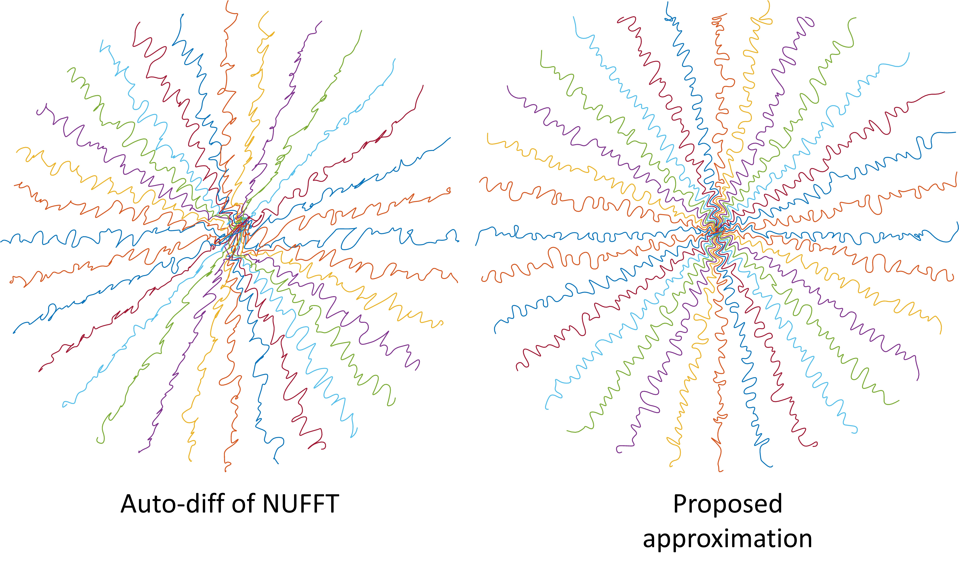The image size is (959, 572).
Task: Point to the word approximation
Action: tap(727, 539)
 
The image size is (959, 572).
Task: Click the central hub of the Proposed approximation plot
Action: tap(717, 231)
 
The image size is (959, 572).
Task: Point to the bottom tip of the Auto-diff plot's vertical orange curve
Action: tap(225, 471)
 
